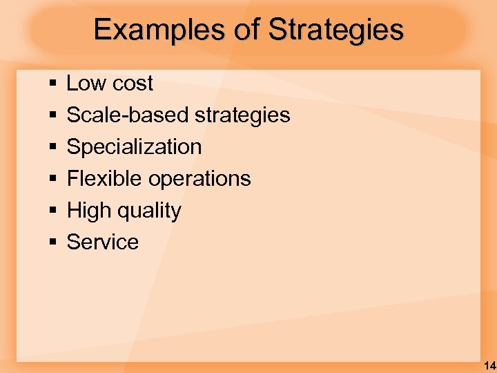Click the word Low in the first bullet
click(x=86, y=84)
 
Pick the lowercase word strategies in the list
click(x=242, y=115)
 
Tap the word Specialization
click(x=134, y=146)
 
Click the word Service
click(x=102, y=242)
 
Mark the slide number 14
click(x=489, y=365)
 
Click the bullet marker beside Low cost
click(x=53, y=84)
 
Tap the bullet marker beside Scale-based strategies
click(x=53, y=115)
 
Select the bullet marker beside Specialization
click(x=53, y=147)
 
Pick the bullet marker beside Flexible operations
click(x=53, y=179)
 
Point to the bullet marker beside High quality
click(x=53, y=211)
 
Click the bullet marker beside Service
click(x=53, y=242)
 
